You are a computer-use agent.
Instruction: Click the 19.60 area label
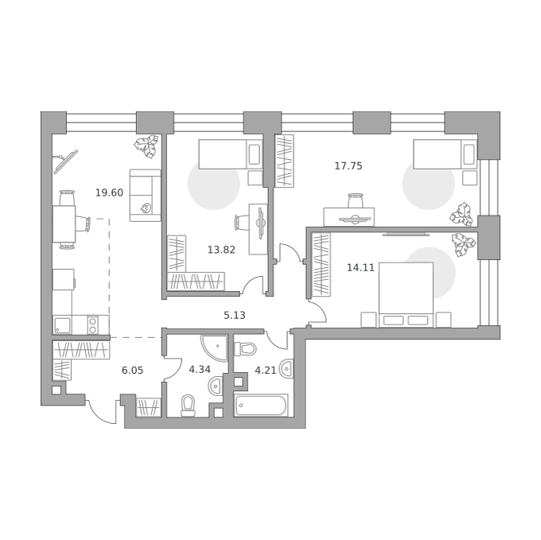pyautogui.click(x=109, y=192)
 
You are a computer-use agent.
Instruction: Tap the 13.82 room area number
pyautogui.click(x=221, y=250)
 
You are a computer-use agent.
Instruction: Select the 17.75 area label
pyautogui.click(x=348, y=166)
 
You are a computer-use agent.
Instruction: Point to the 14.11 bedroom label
pyautogui.click(x=360, y=267)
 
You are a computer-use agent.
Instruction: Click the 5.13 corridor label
pyautogui.click(x=235, y=315)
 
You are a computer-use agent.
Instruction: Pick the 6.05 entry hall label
pyautogui.click(x=133, y=371)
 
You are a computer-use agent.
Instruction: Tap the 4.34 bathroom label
pyautogui.click(x=200, y=370)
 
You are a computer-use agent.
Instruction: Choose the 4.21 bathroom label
pyautogui.click(x=265, y=371)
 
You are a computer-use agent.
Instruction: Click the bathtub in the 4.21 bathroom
pyautogui.click(x=261, y=405)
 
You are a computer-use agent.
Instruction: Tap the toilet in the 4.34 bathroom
pyautogui.click(x=189, y=405)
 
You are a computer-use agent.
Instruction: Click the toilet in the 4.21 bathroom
pyautogui.click(x=245, y=348)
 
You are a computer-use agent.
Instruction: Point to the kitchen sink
pyautogui.click(x=62, y=325)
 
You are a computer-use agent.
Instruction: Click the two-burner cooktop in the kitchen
pyautogui.click(x=92, y=325)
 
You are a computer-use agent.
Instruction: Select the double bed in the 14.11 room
pyautogui.click(x=406, y=294)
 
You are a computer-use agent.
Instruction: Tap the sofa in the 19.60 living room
pyautogui.click(x=146, y=195)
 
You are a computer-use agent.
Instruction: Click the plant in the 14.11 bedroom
pyautogui.click(x=463, y=244)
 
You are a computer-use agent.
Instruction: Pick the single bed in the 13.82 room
pyautogui.click(x=231, y=154)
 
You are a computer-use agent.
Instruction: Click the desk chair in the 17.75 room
pyautogui.click(x=356, y=200)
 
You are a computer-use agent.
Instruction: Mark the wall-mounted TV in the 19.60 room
pyautogui.click(x=65, y=161)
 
